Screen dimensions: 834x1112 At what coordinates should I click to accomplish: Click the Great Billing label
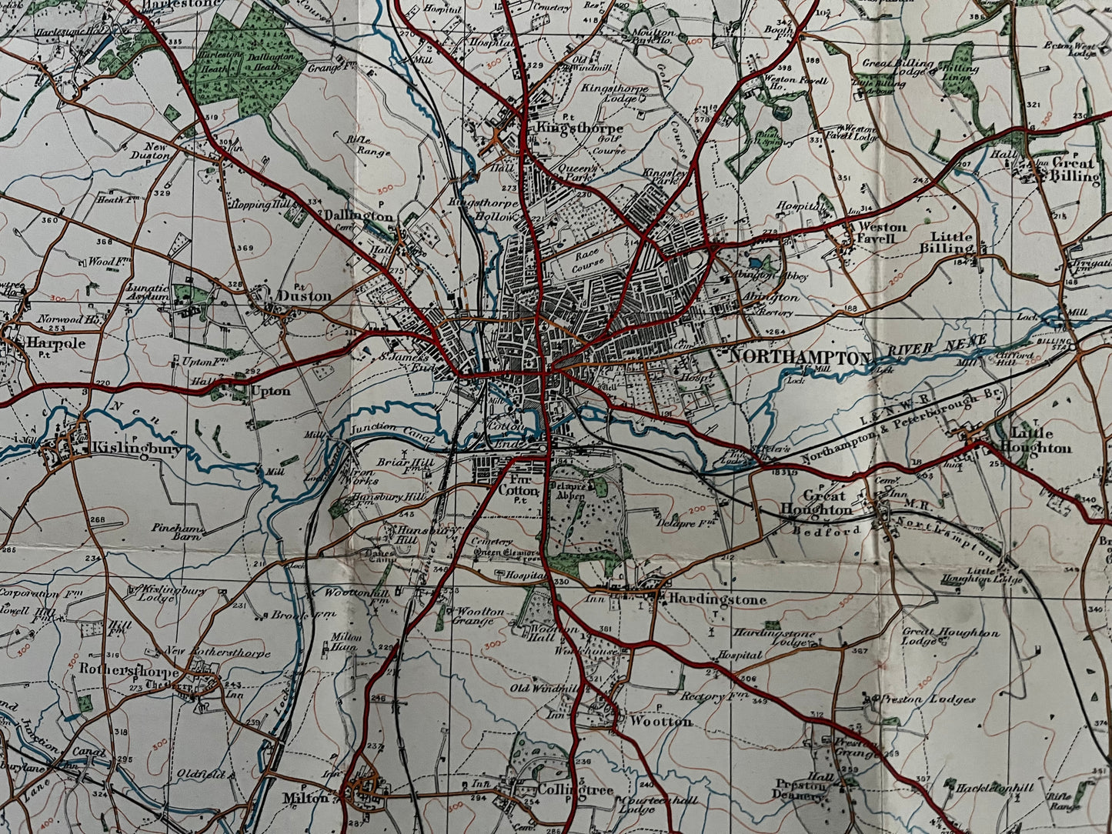click(1075, 170)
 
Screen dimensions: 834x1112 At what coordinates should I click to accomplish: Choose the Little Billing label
click(951, 243)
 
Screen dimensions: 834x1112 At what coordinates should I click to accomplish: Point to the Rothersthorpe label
click(129, 669)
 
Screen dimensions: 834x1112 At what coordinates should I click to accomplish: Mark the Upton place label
click(270, 392)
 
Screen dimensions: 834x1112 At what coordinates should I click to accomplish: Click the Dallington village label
click(358, 217)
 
